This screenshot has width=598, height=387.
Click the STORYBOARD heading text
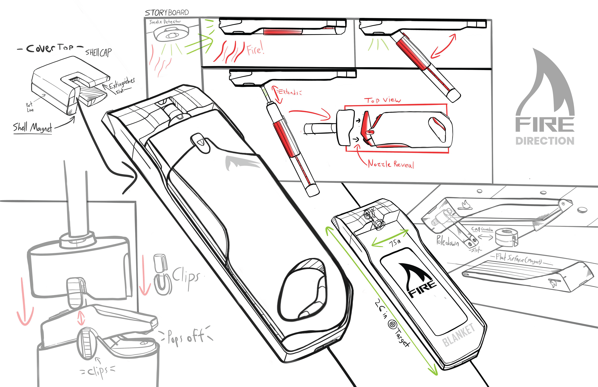[167, 13]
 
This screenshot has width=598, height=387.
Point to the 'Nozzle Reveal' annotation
[391, 164]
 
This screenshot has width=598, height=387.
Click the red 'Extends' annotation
[289, 92]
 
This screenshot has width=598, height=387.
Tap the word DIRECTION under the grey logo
[545, 141]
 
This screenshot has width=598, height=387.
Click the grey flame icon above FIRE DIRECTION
[545, 83]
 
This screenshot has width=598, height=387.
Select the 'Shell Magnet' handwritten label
[33, 128]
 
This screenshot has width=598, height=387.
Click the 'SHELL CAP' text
[98, 52]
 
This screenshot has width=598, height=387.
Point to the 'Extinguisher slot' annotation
[122, 85]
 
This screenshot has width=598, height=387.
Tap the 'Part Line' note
[30, 107]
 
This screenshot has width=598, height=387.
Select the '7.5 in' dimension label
[395, 243]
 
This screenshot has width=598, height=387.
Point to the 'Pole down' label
[447, 241]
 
